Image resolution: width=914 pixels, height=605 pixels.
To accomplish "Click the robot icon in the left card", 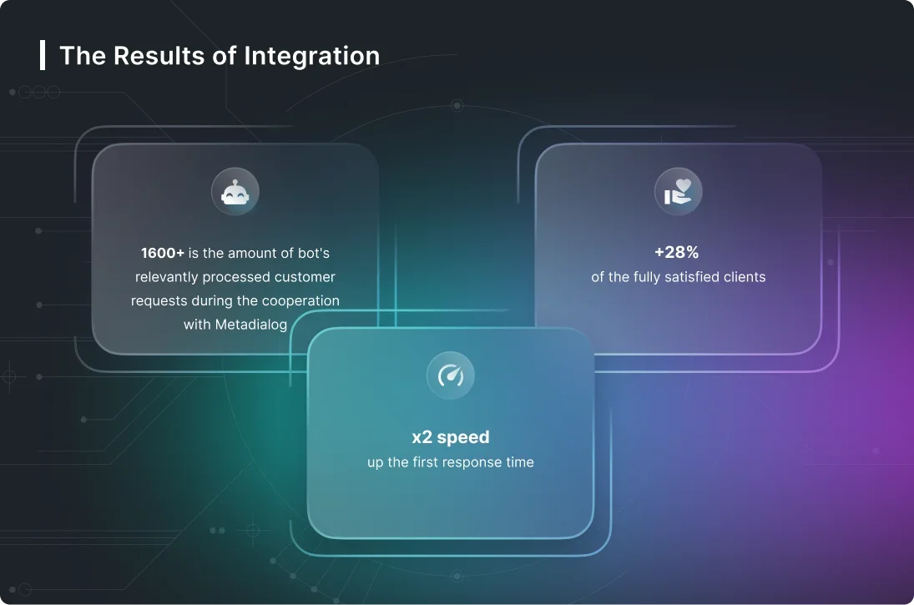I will click(x=235, y=192).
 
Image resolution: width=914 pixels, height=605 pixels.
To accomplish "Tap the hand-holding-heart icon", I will click(x=678, y=192).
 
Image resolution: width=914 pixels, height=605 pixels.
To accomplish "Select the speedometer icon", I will click(x=451, y=376).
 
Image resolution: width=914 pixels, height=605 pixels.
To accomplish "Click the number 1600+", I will click(x=163, y=253).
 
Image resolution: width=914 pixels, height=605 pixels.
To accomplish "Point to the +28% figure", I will click(x=677, y=253).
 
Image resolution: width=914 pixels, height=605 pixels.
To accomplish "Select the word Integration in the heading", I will click(x=311, y=56).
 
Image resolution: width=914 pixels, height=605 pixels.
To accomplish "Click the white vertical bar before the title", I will click(x=43, y=55).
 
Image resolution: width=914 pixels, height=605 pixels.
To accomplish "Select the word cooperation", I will click(x=299, y=300).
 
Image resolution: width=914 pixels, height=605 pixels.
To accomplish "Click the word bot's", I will click(x=309, y=253).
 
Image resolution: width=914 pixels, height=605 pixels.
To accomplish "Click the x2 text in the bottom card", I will click(x=422, y=437).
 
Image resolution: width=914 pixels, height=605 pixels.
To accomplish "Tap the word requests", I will click(x=159, y=300).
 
